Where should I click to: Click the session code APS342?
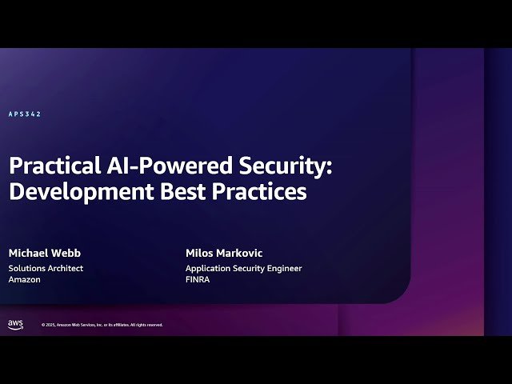[x=25, y=114]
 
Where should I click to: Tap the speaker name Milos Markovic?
[x=224, y=253]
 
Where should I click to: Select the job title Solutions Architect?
[x=46, y=268]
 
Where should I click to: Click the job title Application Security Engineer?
[x=243, y=268]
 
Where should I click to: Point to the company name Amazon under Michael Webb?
[x=24, y=280]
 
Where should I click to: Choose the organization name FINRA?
[x=198, y=280]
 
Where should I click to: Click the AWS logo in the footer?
[x=15, y=324]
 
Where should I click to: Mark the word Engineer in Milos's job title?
[x=283, y=268]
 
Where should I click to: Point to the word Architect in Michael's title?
[x=65, y=268]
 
